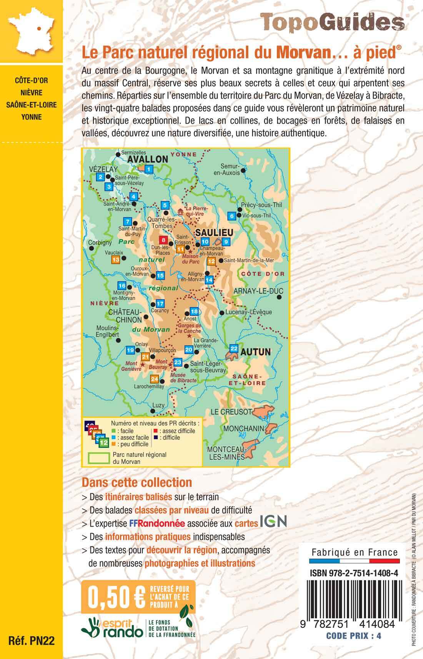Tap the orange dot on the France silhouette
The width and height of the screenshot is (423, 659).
click(x=39, y=28)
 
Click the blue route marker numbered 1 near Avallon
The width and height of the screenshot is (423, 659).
click(x=149, y=168)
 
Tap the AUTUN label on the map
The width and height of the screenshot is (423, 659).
click(x=255, y=351)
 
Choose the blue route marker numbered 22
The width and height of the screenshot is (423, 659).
click(x=234, y=349)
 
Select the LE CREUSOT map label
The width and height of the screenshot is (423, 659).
click(x=231, y=411)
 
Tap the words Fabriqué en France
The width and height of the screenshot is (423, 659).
click(x=354, y=552)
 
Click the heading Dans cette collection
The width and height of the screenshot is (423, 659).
click(x=137, y=482)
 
